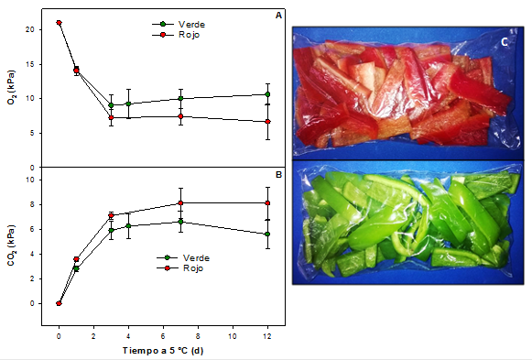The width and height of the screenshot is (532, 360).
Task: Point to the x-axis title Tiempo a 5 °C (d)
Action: pyautogui.click(x=164, y=350)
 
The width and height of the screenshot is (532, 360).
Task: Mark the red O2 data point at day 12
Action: pyautogui.click(x=266, y=121)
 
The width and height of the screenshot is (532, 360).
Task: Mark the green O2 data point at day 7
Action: pyautogui.click(x=180, y=98)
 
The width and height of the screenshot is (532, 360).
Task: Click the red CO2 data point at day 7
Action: pyautogui.click(x=180, y=202)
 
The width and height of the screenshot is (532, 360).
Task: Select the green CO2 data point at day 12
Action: pyautogui.click(x=266, y=234)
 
